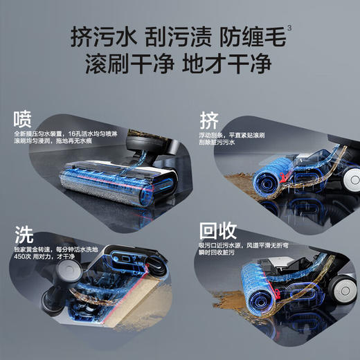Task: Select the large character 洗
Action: click(x=25, y=233)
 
